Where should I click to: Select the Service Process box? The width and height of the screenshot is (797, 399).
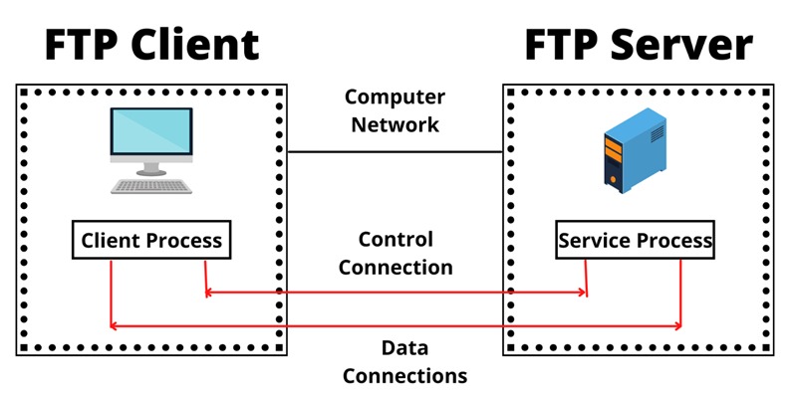click(636, 241)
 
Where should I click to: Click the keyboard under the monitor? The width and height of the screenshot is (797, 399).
click(151, 185)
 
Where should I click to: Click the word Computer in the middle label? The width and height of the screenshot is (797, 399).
click(395, 98)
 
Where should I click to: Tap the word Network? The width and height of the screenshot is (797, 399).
click(395, 125)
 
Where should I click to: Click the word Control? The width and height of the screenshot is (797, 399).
click(396, 240)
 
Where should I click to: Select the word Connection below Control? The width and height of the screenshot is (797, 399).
click(396, 267)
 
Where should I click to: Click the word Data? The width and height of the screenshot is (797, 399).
click(396, 349)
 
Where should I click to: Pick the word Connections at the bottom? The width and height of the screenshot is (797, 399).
click(396, 376)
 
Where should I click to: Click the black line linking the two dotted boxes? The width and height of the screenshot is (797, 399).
click(395, 152)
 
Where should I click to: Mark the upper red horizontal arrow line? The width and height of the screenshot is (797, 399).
click(396, 293)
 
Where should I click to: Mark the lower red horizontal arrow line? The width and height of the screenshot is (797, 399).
click(396, 325)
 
